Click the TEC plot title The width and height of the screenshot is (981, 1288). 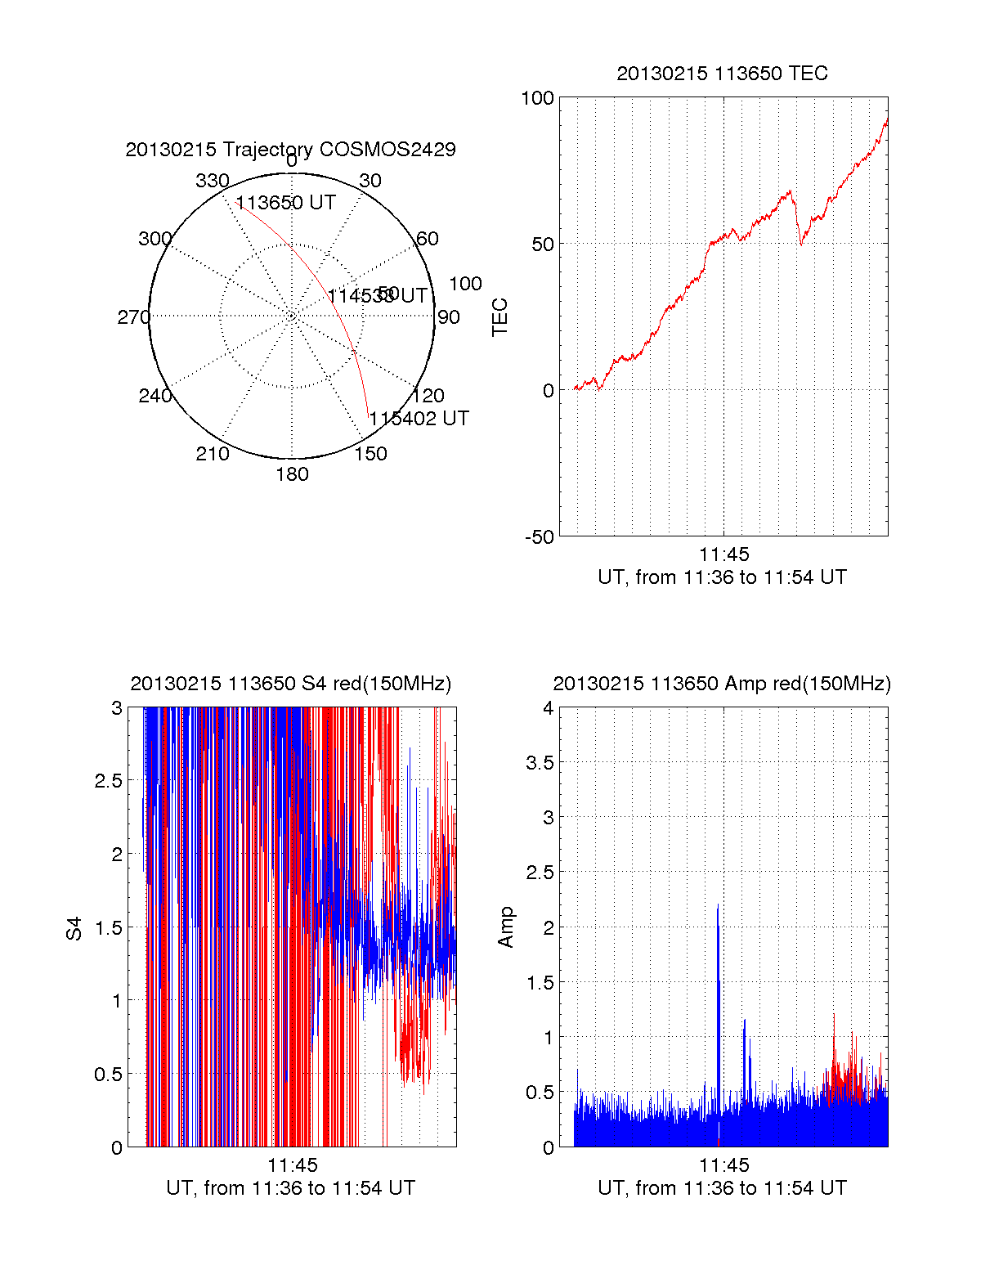(722, 74)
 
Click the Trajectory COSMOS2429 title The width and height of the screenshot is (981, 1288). (290, 150)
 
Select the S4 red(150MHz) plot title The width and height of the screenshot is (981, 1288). (290, 684)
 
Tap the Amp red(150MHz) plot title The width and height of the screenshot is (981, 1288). (722, 684)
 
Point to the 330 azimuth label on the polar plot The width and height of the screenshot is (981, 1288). (212, 181)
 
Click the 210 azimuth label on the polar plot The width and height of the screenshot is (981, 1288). (212, 454)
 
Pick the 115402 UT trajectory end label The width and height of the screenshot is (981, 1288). (419, 419)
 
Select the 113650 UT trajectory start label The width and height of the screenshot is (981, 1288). (285, 203)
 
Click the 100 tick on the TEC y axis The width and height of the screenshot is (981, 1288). (537, 99)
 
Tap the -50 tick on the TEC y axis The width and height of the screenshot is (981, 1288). (540, 537)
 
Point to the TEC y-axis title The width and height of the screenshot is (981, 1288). (499, 317)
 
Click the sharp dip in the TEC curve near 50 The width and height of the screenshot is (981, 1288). (801, 243)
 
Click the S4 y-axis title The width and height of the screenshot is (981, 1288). (74, 928)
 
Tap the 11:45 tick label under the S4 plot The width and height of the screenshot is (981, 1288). (292, 1165)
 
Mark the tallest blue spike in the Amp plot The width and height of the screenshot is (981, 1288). (718, 906)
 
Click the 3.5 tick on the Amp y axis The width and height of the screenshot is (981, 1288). (538, 763)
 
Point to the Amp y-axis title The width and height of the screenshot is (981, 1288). (506, 927)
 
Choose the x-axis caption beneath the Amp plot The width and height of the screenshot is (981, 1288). (722, 1188)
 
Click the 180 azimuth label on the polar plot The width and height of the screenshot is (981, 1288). (292, 474)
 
